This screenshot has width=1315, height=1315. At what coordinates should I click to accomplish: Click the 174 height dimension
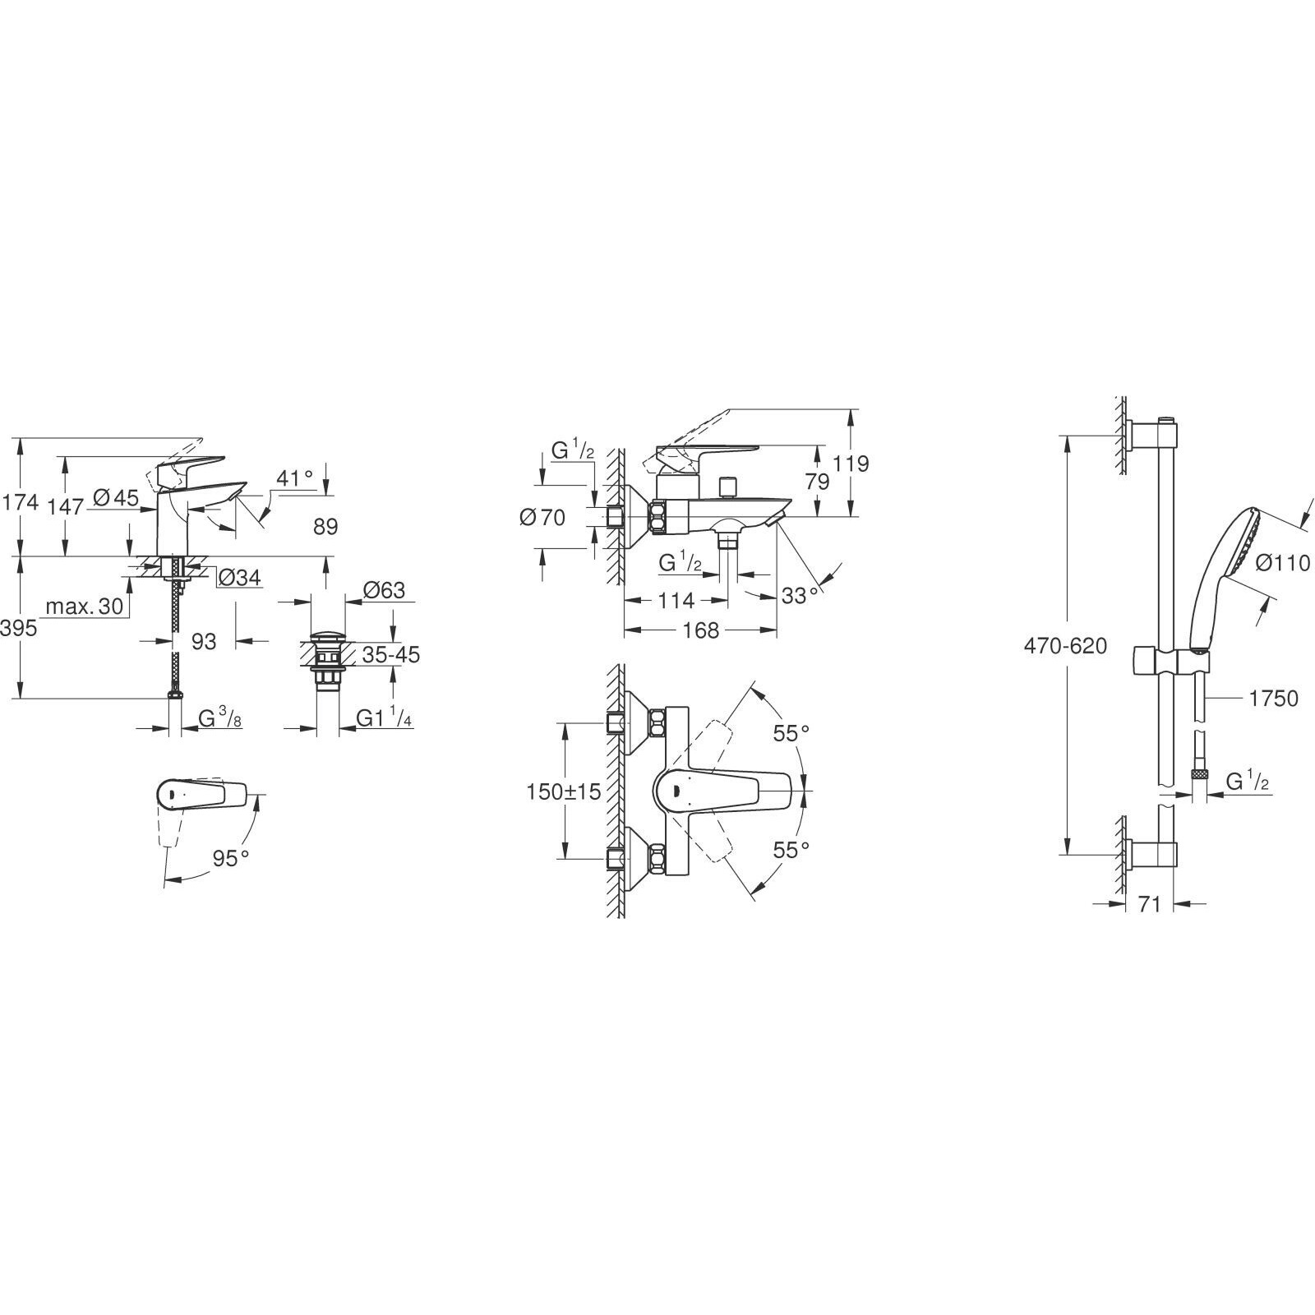click(x=21, y=501)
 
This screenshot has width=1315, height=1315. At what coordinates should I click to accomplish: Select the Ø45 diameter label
click(x=114, y=497)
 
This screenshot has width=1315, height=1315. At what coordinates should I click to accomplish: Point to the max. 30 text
click(x=84, y=607)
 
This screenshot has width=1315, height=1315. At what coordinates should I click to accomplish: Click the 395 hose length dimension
click(x=19, y=629)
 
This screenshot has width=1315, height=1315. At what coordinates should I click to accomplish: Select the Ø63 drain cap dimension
click(x=384, y=590)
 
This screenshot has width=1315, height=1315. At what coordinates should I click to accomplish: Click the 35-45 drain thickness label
click(x=391, y=655)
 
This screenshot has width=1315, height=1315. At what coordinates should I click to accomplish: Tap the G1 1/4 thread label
click(x=384, y=718)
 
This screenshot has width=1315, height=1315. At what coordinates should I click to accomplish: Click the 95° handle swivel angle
click(x=231, y=858)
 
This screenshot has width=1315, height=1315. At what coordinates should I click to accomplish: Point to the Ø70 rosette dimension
click(x=542, y=518)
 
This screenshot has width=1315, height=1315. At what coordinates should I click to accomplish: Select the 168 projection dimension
click(x=701, y=630)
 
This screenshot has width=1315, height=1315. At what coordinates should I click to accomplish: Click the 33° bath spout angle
click(x=801, y=595)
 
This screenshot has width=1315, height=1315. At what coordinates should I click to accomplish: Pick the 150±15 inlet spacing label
click(x=564, y=791)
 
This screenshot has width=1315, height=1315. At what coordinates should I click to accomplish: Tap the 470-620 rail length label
click(x=1065, y=646)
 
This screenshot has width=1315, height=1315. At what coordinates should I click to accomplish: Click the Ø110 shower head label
click(x=1282, y=562)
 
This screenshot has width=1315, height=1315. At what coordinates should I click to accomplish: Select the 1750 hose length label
click(x=1273, y=699)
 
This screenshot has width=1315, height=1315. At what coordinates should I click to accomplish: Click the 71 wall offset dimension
click(x=1149, y=905)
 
